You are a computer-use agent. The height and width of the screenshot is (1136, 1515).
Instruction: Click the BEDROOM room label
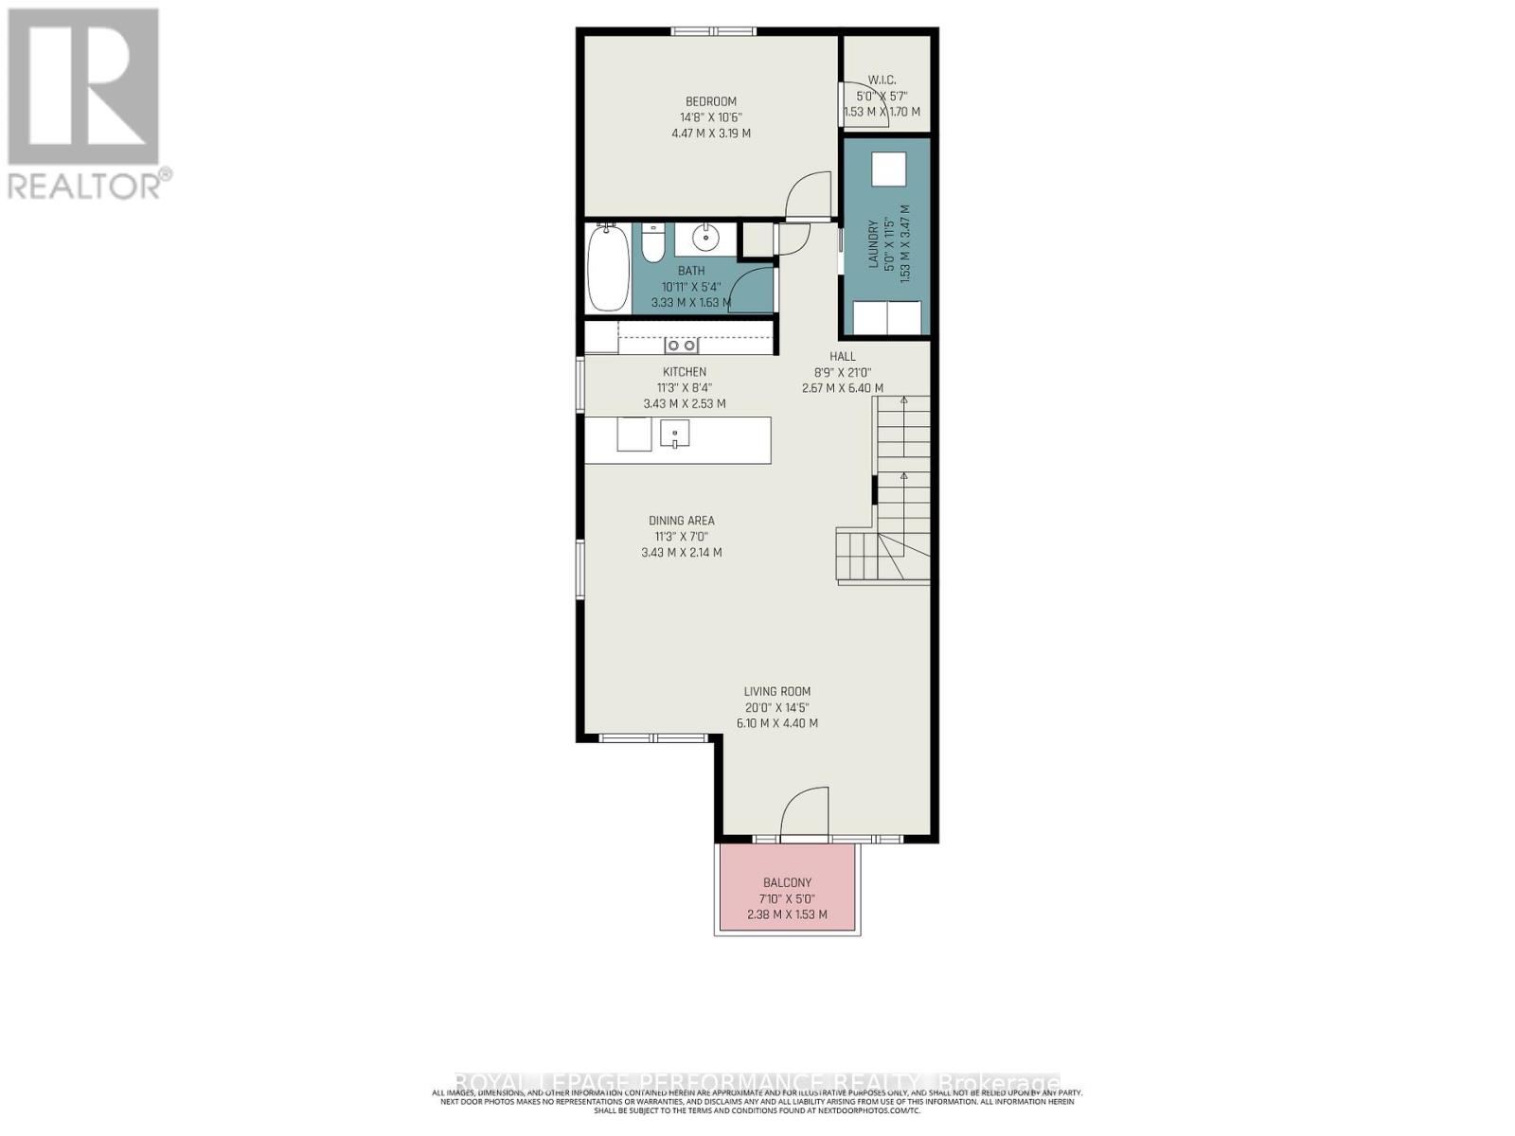coord(710,101)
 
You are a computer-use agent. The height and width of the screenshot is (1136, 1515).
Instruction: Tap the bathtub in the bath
coord(607,268)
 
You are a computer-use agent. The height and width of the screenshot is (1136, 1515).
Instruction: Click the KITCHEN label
coord(684,372)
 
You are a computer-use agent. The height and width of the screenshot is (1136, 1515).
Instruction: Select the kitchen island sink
coord(674,435)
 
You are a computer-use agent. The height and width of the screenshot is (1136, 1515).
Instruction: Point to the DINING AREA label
coord(681,521)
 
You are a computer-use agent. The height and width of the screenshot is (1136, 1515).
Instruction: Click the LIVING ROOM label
coord(776,692)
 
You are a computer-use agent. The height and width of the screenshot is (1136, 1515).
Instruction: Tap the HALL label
coord(842,356)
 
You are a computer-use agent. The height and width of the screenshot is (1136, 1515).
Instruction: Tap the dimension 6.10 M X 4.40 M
coord(776,723)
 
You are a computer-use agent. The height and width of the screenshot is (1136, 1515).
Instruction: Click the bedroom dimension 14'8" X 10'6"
coord(710,117)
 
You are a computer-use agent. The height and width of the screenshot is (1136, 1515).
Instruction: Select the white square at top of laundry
coord(888,169)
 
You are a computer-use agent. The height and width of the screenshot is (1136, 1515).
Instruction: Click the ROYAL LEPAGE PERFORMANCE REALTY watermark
coord(757,1082)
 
